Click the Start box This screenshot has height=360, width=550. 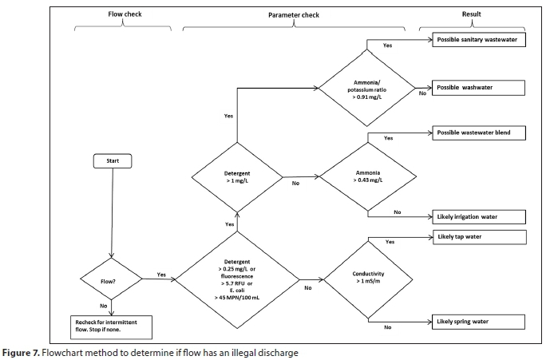(112, 160)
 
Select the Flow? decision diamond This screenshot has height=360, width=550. (111, 281)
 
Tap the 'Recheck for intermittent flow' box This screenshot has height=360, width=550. (111, 326)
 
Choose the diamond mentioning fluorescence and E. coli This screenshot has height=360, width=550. (236, 280)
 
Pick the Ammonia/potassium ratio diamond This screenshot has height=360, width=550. (370, 90)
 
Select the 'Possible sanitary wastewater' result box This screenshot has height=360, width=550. (480, 39)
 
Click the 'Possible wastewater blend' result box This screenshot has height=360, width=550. (480, 133)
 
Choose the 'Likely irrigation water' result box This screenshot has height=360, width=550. (480, 216)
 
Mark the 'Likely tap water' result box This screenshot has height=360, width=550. (480, 237)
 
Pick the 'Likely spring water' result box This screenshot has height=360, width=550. (480, 322)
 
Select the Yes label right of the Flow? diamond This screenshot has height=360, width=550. (161, 275)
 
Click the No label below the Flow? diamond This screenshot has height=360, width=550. (104, 304)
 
